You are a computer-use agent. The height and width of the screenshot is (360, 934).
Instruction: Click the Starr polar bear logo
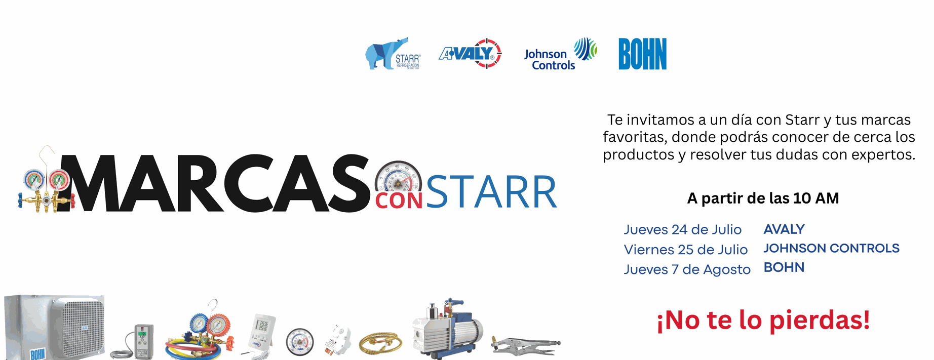click(x=393, y=54)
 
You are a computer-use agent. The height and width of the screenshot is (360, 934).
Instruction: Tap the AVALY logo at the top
click(x=470, y=53)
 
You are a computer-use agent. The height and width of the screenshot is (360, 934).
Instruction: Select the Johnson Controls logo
click(x=560, y=54)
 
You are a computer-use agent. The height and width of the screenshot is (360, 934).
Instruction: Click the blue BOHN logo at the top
click(x=642, y=54)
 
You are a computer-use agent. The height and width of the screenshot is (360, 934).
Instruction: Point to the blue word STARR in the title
click(x=491, y=192)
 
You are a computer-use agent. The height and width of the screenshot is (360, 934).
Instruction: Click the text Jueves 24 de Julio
click(x=682, y=229)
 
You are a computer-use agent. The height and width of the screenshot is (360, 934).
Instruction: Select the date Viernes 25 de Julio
click(x=685, y=250)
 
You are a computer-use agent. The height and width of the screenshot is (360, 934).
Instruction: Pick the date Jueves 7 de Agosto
click(x=687, y=269)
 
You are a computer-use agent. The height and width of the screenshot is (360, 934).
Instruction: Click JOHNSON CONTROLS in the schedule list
click(x=831, y=248)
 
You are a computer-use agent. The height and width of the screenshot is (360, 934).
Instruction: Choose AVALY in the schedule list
click(x=784, y=229)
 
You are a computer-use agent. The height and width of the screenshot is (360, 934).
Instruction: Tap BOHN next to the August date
click(x=784, y=267)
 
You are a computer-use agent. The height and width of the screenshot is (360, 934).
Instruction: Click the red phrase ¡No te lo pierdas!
click(x=763, y=320)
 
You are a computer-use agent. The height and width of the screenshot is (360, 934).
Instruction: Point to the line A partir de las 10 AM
click(x=763, y=198)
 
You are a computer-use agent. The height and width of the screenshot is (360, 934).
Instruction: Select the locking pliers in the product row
click(x=526, y=346)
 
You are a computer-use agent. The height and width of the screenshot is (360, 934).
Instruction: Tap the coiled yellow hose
click(x=380, y=343)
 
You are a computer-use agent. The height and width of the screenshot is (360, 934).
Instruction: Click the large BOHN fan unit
click(x=54, y=327)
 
